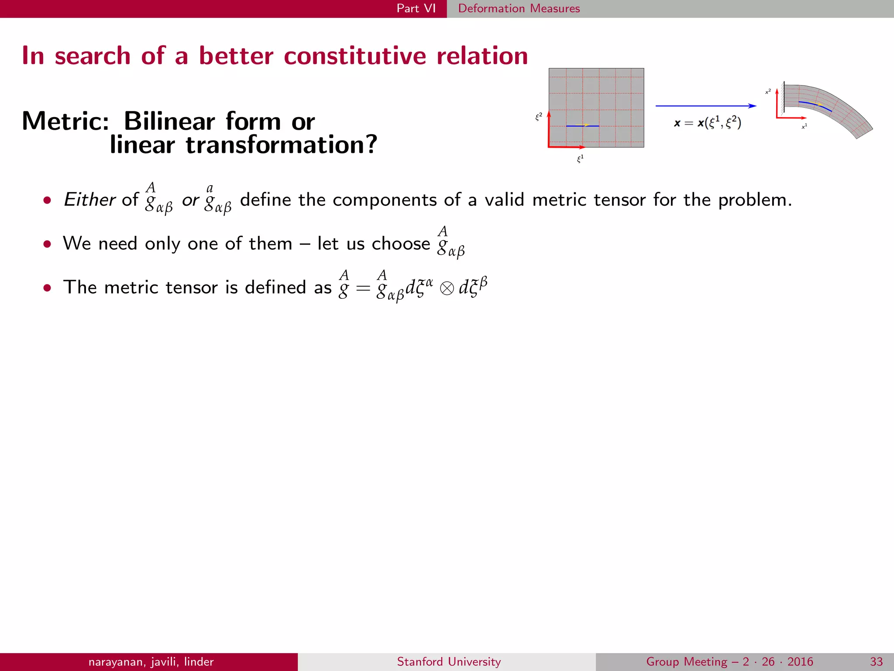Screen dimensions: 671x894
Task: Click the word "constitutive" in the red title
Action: coord(354,56)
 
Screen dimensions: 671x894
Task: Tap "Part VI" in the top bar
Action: coord(416,8)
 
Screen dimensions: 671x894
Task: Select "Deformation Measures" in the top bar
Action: coord(519,8)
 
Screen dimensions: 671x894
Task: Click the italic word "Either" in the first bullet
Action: coord(89,200)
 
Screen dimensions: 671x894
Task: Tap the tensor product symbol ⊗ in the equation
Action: coord(447,288)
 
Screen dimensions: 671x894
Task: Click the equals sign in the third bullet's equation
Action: coord(363,288)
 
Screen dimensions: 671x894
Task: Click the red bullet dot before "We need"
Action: coord(47,244)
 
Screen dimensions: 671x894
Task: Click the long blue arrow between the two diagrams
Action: coord(705,106)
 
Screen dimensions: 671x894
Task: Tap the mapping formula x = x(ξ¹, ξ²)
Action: coord(707,123)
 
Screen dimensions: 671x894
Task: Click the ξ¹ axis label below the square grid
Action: coord(580,159)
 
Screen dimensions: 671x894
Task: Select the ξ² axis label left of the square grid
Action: coord(539,117)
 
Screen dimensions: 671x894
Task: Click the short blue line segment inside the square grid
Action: coord(582,126)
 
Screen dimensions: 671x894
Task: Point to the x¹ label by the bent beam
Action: coord(804,126)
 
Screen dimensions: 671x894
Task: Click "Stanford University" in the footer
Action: coord(449,662)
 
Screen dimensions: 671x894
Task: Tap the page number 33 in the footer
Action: coord(876,662)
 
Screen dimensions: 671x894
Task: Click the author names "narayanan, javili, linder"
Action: coord(151,662)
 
